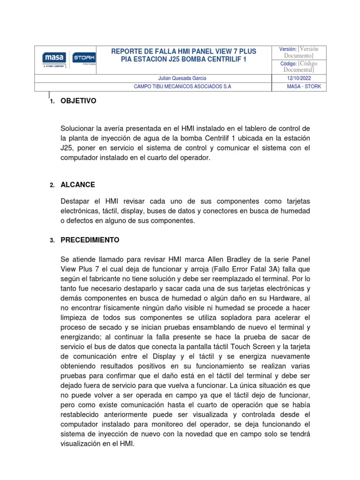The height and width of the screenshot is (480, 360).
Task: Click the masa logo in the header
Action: (53, 58)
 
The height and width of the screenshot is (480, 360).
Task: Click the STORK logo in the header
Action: (84, 58)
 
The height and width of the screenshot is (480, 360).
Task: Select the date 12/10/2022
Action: (299, 78)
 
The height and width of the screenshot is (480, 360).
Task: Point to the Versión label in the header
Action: (288, 49)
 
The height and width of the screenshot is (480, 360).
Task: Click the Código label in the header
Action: (288, 63)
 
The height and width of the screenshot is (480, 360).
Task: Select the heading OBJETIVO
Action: (78, 101)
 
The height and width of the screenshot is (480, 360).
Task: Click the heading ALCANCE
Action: (78, 185)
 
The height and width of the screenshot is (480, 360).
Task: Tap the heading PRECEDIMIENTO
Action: (90, 240)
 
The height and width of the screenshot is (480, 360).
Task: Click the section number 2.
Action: (52, 185)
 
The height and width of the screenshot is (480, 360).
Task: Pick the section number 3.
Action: (52, 240)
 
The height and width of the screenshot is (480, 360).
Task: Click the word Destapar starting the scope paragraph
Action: (76, 201)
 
